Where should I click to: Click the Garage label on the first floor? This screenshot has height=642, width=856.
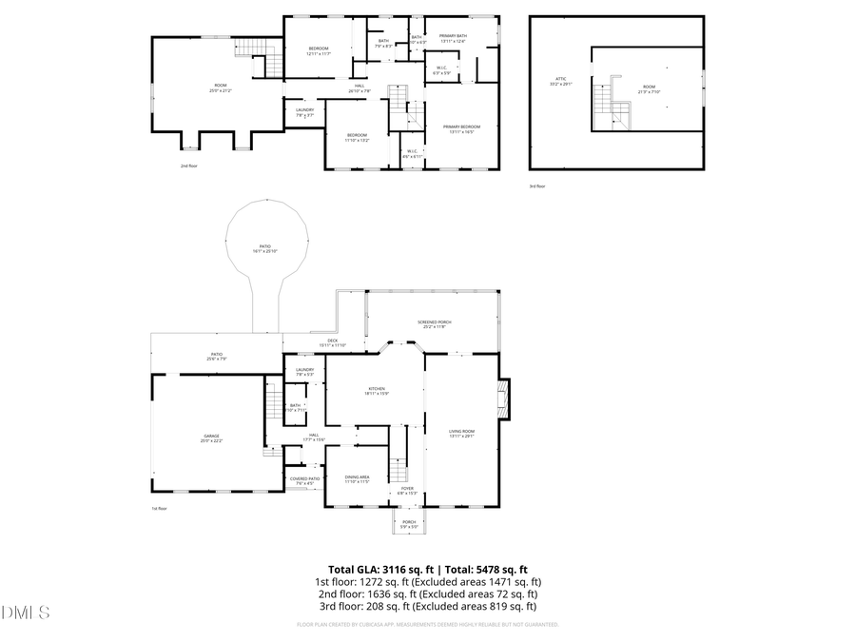[210, 438]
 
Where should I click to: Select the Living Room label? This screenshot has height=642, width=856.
[461, 434]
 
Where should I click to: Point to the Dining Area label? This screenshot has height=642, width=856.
[357, 478]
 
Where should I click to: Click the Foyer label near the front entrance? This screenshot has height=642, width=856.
[406, 491]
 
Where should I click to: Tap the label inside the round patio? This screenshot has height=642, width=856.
[264, 249]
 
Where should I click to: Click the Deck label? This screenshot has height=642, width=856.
[333, 342]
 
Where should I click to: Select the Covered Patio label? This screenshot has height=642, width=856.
[304, 480]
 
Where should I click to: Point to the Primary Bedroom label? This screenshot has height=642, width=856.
[461, 129]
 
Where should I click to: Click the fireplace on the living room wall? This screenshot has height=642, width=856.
[504, 399]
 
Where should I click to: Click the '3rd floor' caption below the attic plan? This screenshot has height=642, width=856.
[537, 186]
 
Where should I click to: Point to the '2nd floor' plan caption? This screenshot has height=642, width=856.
[188, 165]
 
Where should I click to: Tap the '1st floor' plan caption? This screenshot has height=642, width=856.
[158, 509]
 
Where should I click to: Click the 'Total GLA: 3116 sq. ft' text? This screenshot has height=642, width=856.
[375, 569]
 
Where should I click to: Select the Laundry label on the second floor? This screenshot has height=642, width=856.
[304, 112]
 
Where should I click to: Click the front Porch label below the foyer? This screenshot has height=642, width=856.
[409, 523]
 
